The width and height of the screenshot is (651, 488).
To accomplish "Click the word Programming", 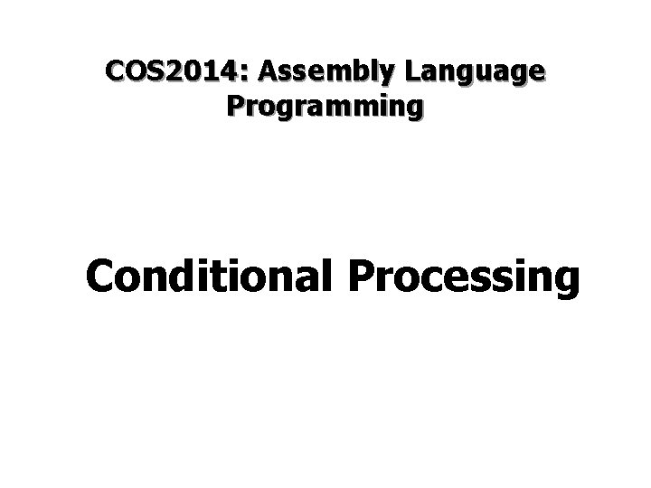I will tap(325, 107).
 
